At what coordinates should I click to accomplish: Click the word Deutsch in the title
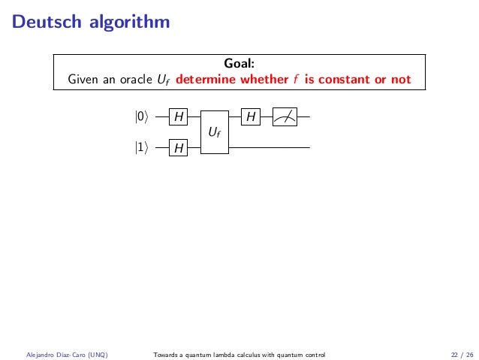44,21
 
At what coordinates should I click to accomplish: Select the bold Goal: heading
239,63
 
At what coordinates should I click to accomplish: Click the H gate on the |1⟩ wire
179,148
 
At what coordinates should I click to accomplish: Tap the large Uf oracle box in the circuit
214,132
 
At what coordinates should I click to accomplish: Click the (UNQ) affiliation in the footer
95,354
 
